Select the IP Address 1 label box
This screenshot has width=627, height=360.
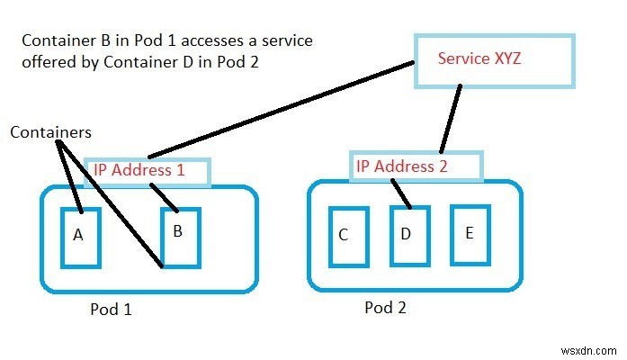147,171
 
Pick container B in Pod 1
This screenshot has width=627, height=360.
180,237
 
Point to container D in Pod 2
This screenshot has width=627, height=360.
406,235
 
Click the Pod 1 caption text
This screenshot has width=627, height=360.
111,309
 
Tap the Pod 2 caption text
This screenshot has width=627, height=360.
384,307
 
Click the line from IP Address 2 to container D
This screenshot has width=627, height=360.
400,192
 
